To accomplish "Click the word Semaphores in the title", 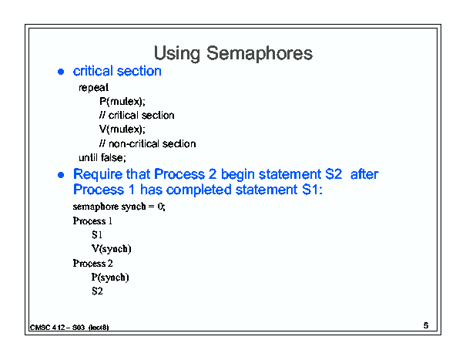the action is click(x=260, y=53).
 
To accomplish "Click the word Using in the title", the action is click(x=177, y=54).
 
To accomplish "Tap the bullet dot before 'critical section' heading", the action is click(x=61, y=72).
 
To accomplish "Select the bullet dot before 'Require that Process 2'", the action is click(x=61, y=175).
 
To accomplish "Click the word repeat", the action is click(x=94, y=88).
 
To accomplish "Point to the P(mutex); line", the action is click(x=122, y=102).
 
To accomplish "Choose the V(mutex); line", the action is click(x=122, y=130).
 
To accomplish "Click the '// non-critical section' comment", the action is click(x=147, y=143).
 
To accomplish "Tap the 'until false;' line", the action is click(x=102, y=157).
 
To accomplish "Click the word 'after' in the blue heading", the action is click(x=364, y=174).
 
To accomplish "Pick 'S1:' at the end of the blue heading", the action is click(x=313, y=190).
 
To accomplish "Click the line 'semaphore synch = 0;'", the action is click(x=119, y=207).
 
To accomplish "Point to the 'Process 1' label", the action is click(x=92, y=220).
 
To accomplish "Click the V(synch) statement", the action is click(x=112, y=249).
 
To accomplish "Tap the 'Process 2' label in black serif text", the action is click(x=92, y=264).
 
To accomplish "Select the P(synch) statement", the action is click(x=110, y=278).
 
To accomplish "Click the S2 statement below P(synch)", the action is click(x=97, y=291).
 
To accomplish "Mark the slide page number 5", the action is click(x=426, y=325).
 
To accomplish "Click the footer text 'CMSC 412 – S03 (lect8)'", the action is click(x=69, y=328).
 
